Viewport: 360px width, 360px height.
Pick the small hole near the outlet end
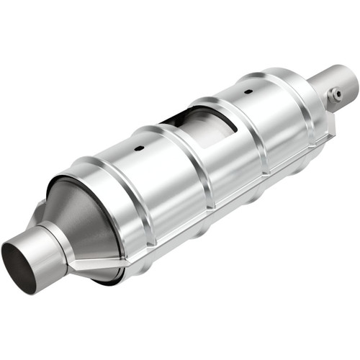(x=247, y=92)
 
